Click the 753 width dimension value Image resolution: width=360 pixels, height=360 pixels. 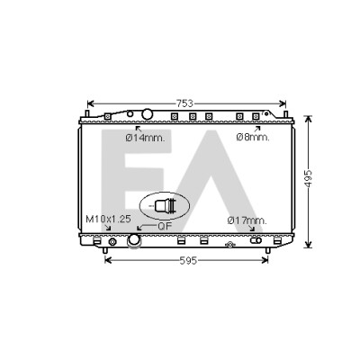click(184, 103)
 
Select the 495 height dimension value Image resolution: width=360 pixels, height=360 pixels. click(309, 179)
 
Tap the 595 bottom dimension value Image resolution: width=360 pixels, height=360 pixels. click(188, 261)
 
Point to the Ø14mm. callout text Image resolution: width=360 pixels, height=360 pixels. click(145, 138)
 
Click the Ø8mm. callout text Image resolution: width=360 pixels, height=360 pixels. click(253, 138)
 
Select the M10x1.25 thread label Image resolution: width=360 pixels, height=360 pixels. click(108, 219)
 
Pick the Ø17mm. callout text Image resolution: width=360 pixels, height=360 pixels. click(247, 220)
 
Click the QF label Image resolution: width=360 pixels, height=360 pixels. click(165, 227)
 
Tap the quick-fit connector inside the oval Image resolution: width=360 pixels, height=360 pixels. click(165, 206)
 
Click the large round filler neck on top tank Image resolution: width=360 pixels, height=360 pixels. click(147, 114)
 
